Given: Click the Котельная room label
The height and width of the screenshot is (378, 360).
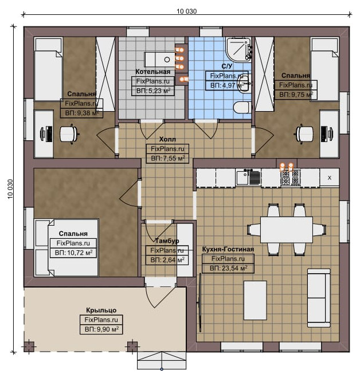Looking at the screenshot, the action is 152,72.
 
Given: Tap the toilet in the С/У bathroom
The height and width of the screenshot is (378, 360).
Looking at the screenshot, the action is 242,107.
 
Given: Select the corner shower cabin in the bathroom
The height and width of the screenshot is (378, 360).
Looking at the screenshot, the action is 238,49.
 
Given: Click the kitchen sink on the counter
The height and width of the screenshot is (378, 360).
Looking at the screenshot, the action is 248,178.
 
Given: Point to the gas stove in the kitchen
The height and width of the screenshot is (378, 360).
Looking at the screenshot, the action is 291,178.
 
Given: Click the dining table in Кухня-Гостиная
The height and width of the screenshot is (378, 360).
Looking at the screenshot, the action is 287,230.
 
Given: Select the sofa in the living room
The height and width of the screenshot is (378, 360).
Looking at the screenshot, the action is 319,298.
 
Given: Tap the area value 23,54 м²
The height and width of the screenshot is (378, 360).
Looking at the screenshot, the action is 228,268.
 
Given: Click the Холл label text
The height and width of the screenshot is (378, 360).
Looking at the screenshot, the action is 167,139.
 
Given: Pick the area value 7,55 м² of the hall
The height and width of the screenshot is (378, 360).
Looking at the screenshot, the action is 168,159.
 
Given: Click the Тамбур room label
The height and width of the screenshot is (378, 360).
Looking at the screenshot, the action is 167,241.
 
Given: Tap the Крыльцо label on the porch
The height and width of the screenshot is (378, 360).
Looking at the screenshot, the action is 101,310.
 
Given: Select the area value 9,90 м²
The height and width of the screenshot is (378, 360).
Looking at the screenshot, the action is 101,329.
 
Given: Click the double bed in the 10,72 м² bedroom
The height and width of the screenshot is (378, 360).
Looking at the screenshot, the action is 66,247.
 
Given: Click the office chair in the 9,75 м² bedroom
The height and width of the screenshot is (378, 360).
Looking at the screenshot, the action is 305,134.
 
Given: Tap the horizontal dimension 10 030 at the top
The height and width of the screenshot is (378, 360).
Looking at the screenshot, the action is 186,11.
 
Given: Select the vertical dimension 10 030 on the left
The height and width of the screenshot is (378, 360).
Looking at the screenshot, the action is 10,189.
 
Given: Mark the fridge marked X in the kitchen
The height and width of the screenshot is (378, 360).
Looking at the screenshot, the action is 330,178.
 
